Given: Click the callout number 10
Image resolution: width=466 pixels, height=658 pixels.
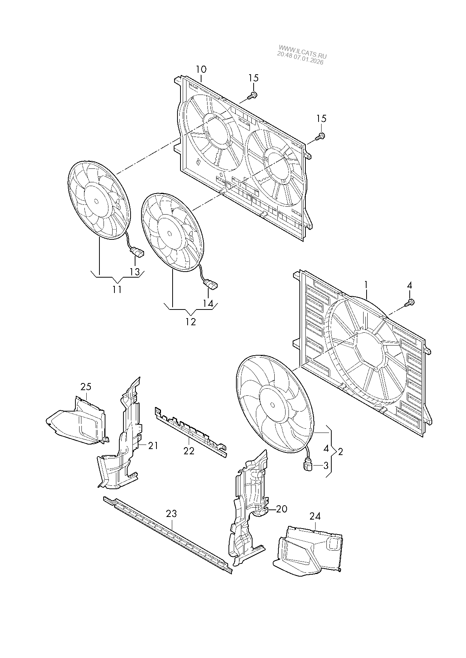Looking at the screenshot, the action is click(x=201, y=69).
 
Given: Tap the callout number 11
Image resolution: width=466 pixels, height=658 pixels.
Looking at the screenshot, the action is click(x=117, y=290).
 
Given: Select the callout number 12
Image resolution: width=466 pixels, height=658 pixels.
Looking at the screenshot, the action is click(x=191, y=322).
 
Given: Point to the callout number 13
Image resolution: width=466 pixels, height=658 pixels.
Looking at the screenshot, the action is click(x=134, y=272).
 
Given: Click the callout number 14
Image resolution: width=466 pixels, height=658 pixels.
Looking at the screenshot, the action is click(x=208, y=303).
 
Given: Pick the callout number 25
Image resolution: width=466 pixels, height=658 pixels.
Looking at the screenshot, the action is click(x=86, y=387).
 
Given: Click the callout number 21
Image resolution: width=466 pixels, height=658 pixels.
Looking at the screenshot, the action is click(x=153, y=446).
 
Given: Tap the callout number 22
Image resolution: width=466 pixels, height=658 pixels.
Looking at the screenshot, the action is click(x=189, y=451).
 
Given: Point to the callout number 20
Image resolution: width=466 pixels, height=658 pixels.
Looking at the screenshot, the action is click(x=281, y=509).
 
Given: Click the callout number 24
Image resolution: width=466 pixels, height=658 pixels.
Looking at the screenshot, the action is click(x=315, y=517).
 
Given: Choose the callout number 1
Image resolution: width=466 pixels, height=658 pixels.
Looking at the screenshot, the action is click(x=366, y=285).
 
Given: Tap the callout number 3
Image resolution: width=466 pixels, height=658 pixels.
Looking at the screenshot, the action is click(x=326, y=466).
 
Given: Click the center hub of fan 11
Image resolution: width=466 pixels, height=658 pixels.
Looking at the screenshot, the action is click(x=96, y=201).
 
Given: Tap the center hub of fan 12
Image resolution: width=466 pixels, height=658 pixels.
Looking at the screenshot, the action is click(x=170, y=233).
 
